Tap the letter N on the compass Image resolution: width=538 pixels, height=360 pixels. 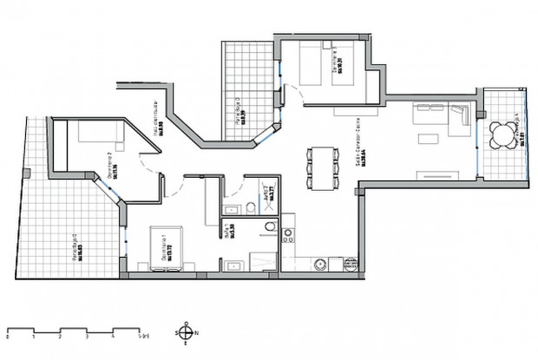[198, 332]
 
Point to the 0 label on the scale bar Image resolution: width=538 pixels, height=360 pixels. [7, 340]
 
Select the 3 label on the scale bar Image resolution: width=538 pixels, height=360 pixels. [88, 340]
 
